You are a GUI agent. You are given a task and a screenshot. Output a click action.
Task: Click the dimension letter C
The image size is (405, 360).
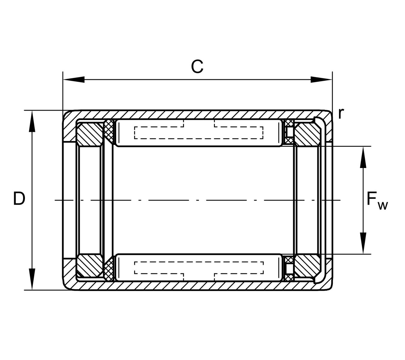point(197,67)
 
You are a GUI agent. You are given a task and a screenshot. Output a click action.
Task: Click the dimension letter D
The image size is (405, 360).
point(19,198)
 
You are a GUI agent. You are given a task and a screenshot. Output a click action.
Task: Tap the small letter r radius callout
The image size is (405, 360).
point(341,113)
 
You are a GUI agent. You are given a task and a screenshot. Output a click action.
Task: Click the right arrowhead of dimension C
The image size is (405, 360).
point(321,79)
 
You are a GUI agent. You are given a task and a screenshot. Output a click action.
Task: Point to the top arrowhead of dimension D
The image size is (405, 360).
point(32,121)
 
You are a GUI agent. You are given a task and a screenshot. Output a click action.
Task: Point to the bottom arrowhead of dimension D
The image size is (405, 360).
point(32,279)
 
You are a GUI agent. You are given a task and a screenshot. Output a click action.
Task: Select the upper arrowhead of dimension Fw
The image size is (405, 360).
point(363,157)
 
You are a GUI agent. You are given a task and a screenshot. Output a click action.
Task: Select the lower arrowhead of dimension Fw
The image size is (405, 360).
point(363,243)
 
